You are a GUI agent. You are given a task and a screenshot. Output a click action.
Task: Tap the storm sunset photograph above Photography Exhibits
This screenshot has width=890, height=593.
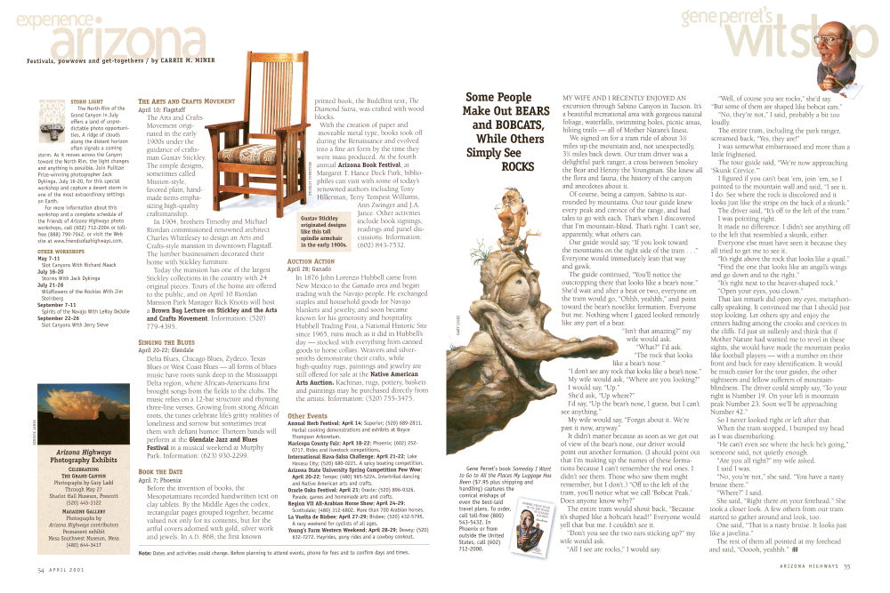tap(72, 408)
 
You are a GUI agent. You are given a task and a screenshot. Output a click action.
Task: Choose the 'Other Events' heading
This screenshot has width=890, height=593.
tap(309, 416)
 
